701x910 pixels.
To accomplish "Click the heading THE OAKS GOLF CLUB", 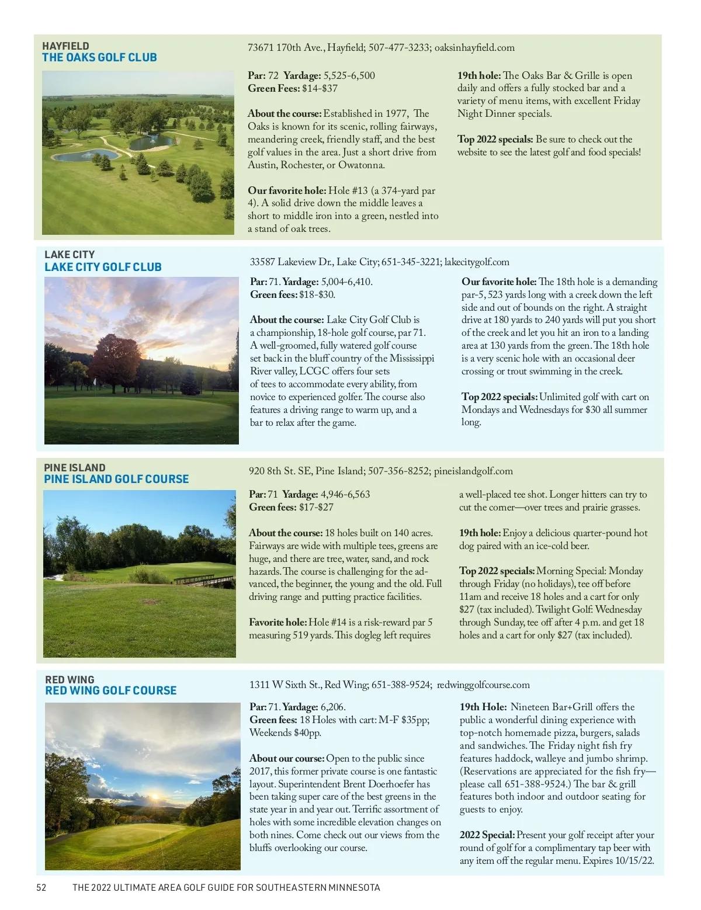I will coord(99,57).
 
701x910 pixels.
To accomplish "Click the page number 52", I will coord(41,887).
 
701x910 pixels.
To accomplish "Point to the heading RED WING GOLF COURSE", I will coord(110,690).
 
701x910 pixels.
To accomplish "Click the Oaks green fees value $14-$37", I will coord(320,89).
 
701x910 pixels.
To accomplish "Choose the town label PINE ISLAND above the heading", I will coord(75,467).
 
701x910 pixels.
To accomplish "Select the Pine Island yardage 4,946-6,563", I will coord(345,494).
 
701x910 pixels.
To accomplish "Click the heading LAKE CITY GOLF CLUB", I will coord(103,267).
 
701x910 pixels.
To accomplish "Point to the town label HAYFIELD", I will coord(65,46).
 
